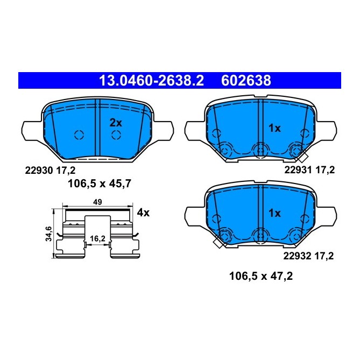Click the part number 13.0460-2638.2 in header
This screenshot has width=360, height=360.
pyautogui.click(x=151, y=81)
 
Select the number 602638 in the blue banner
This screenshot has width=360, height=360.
pyautogui.click(x=245, y=81)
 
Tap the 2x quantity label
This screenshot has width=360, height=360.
pyautogui.click(x=116, y=123)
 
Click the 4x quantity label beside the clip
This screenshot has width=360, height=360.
pyautogui.click(x=143, y=213)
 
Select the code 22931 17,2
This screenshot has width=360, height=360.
pyautogui.click(x=310, y=170)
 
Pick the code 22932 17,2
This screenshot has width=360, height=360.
pyautogui.click(x=310, y=257)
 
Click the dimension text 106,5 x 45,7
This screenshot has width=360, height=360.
pyautogui.click(x=100, y=183)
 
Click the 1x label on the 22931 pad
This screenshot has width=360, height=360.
pyautogui.click(x=274, y=128)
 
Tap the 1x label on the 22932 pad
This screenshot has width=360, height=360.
pyautogui.click(x=274, y=213)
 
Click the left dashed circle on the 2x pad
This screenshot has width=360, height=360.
pyautogui.click(x=79, y=135)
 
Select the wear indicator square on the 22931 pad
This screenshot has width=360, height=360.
pyautogui.click(x=302, y=158)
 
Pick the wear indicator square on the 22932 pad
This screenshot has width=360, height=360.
pyautogui.click(x=219, y=243)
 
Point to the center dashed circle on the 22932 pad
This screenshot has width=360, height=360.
pyautogui.click(x=261, y=234)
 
